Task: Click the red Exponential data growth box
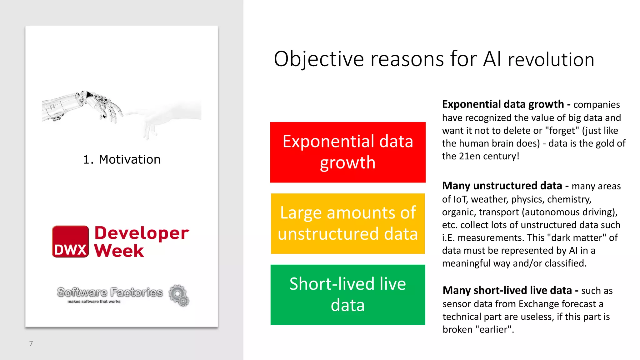tap(347, 152)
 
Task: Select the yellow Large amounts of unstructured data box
tap(347, 223)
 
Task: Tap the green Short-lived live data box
tap(347, 295)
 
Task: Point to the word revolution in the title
tap(551, 60)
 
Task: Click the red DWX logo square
tap(70, 242)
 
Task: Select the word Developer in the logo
tap(142, 233)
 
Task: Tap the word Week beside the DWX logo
tap(119, 251)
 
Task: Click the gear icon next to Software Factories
tap(179, 295)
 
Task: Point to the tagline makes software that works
tap(94, 302)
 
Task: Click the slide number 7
tap(31, 343)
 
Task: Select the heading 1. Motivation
tap(122, 159)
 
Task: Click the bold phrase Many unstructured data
tap(502, 186)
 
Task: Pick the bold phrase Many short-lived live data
tap(507, 291)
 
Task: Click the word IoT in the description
tap(460, 199)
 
